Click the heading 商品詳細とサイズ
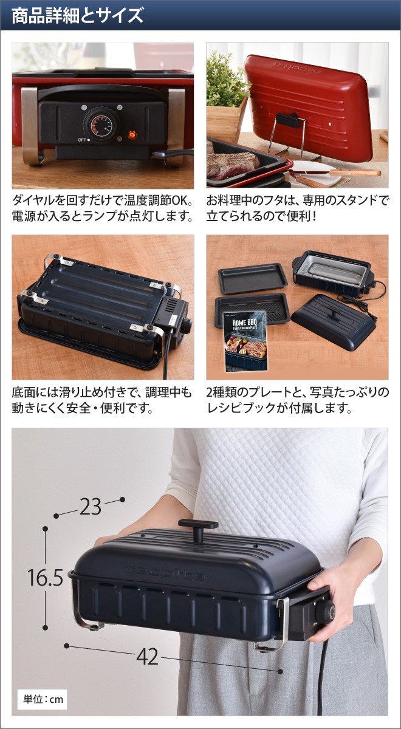click(x=77, y=15)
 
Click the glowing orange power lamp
click(x=131, y=135)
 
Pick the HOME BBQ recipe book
click(x=241, y=343)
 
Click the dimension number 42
click(x=147, y=656)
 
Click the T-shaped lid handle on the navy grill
click(x=198, y=529)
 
